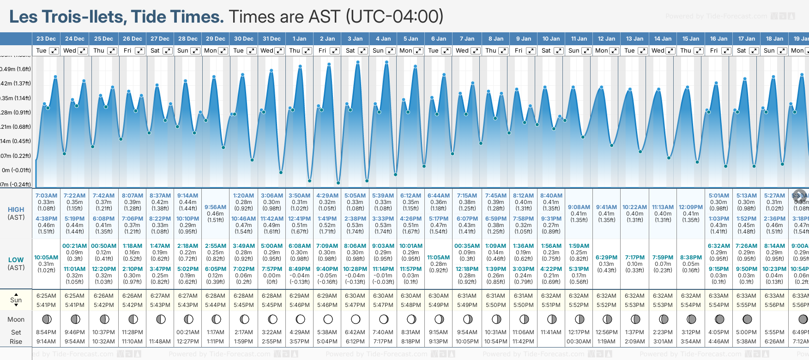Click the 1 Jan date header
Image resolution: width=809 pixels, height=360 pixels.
click(299, 39)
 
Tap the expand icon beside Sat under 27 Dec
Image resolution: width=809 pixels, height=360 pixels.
click(168, 51)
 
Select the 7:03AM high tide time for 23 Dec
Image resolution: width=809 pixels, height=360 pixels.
click(46, 196)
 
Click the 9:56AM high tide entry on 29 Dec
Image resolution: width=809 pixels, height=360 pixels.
click(216, 207)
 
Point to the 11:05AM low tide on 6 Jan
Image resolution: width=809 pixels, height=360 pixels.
click(438, 258)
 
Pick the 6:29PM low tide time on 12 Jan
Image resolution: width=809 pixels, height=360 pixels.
click(606, 258)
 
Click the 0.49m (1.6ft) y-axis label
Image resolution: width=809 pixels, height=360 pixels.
click(16, 69)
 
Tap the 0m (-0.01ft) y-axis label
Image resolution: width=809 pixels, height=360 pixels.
click(16, 170)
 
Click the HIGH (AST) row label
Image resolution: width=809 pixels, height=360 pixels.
click(16, 213)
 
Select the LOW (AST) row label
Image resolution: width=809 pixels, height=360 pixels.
click(16, 264)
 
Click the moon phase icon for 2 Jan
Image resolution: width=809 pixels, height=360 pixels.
click(328, 319)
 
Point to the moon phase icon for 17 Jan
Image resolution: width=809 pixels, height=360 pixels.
click(747, 319)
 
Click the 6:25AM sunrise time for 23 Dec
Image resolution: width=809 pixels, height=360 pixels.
click(46, 296)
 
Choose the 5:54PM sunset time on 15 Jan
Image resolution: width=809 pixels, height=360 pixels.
click(691, 305)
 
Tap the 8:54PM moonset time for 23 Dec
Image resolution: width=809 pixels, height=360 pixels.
click(46, 332)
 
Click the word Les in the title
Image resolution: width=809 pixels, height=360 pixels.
click(24, 17)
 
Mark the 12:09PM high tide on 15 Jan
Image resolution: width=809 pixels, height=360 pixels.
click(691, 207)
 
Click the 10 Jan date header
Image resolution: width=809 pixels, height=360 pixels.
click(551, 39)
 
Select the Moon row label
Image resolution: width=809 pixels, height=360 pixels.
click(16, 319)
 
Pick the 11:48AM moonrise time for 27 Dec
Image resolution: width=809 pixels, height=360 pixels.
click(160, 342)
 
